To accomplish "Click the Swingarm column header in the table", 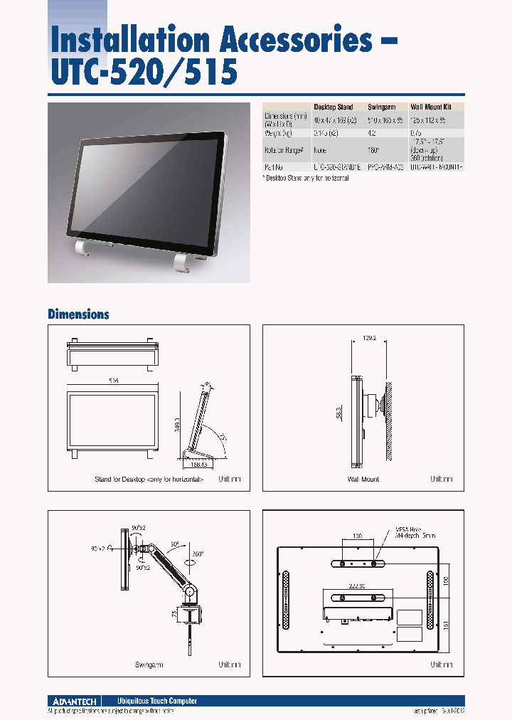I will [x=383, y=106].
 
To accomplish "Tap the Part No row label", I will [x=274, y=167].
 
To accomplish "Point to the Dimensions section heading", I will [x=78, y=314].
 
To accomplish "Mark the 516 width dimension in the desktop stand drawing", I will [x=112, y=381].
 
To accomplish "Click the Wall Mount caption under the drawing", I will [x=363, y=480].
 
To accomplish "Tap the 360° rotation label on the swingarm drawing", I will [x=197, y=554].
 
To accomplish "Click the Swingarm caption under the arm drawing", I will [x=149, y=665].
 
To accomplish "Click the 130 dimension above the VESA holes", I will [x=358, y=534].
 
